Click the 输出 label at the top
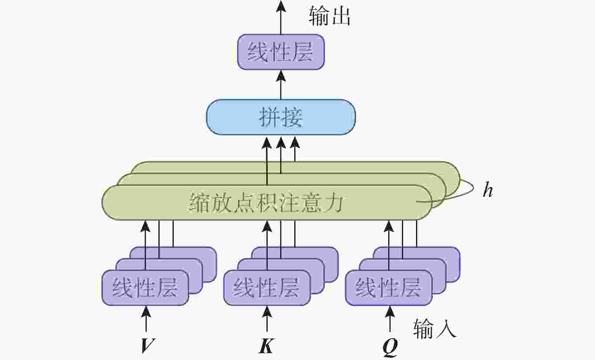(x=329, y=16)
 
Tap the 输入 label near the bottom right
(x=435, y=329)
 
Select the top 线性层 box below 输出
(x=281, y=52)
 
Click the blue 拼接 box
(x=281, y=117)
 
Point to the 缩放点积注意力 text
(x=266, y=202)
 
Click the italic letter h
(x=488, y=190)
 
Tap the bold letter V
(x=148, y=345)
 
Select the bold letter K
(x=266, y=345)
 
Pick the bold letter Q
(x=390, y=347)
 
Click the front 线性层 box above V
(x=145, y=288)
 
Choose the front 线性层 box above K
(x=267, y=288)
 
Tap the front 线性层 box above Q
(x=389, y=288)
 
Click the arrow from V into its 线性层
(x=146, y=319)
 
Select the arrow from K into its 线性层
(x=267, y=319)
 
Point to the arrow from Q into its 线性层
(x=390, y=319)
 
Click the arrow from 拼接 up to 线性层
(x=281, y=85)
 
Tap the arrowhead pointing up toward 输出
(x=281, y=6)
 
